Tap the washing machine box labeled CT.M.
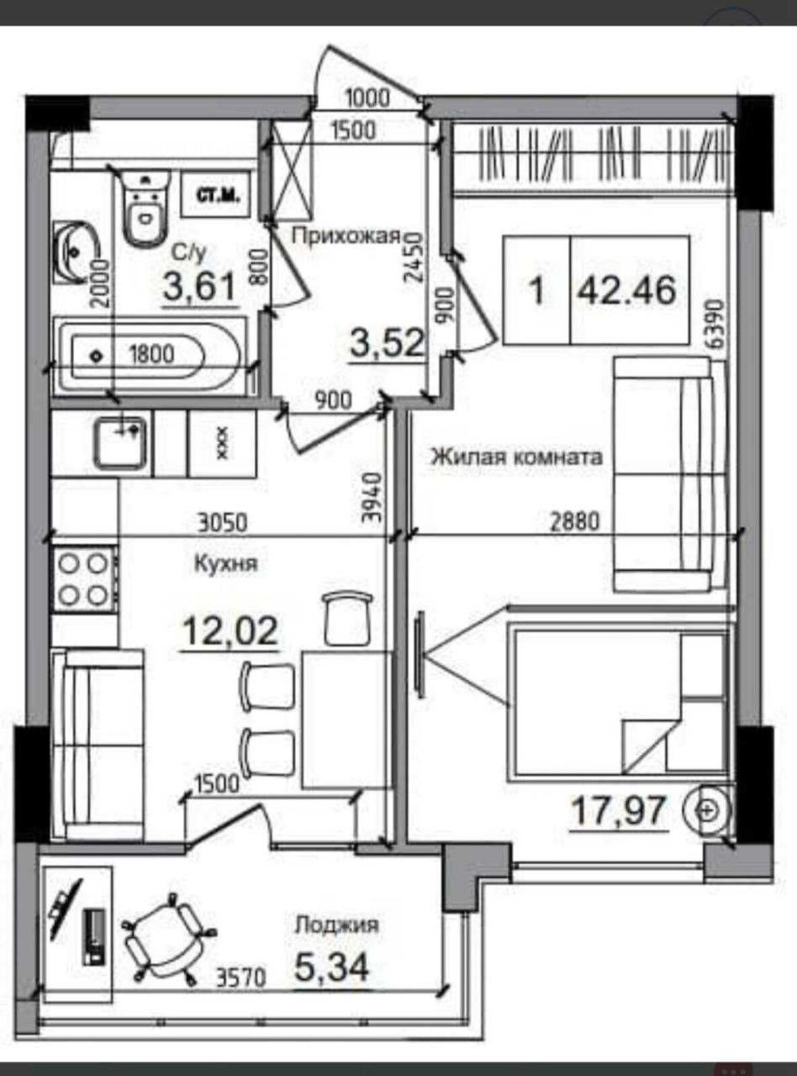[217, 195]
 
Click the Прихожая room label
[346, 236]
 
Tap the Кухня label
[226, 564]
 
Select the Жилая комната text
[517, 457]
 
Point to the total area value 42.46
[627, 291]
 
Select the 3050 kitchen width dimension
[223, 523]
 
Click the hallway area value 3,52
[388, 344]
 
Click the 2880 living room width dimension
[576, 523]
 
